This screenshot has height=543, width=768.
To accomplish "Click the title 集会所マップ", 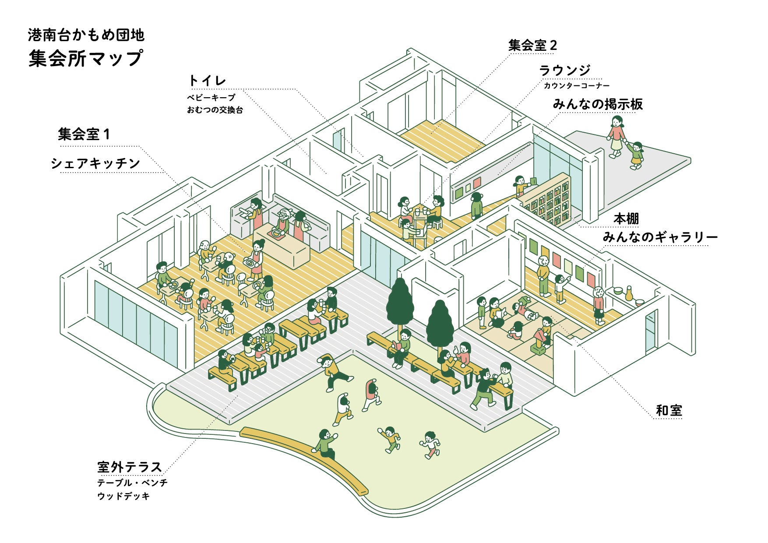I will [x=86, y=58].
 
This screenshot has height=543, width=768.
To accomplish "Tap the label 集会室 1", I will [x=84, y=134].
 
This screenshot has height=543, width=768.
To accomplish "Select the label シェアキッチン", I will [x=95, y=163].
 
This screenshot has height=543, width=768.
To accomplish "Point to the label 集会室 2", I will [x=532, y=45].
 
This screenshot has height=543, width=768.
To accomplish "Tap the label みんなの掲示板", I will [x=597, y=104].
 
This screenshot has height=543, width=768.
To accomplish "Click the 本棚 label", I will [x=626, y=219].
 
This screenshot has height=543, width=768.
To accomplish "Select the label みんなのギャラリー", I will [x=660, y=237].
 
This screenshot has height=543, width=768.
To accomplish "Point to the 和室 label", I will [x=669, y=410].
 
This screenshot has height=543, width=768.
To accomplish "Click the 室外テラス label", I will [x=130, y=467].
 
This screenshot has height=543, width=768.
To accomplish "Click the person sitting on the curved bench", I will [x=324, y=443].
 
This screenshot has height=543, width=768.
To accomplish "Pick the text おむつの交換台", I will [x=215, y=110].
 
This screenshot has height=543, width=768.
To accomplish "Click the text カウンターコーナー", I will [x=576, y=86].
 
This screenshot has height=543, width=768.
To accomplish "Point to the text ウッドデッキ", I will [x=123, y=496].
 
